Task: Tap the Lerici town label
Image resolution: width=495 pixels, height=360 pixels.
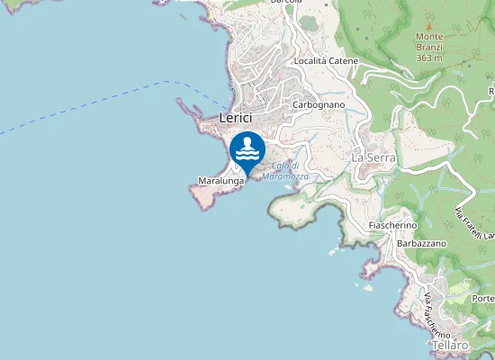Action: pyautogui.click(x=235, y=118)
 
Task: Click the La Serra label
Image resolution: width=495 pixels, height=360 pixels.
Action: pyautogui.click(x=373, y=157)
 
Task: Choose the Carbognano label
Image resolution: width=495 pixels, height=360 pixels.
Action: pyautogui.click(x=314, y=104)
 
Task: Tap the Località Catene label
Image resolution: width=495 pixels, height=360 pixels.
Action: pyautogui.click(x=325, y=61)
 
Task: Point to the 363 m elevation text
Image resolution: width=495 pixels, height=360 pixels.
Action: pyautogui.click(x=429, y=58)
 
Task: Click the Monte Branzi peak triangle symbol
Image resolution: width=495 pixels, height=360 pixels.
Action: pyautogui.click(x=429, y=26)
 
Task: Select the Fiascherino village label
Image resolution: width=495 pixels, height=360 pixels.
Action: pyautogui.click(x=392, y=224)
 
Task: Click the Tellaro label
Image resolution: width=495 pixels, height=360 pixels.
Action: pyautogui.click(x=450, y=346)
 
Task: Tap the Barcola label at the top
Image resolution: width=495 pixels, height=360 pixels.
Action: pyautogui.click(x=285, y=3)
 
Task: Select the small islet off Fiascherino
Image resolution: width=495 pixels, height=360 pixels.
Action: pyautogui.click(x=368, y=288)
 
